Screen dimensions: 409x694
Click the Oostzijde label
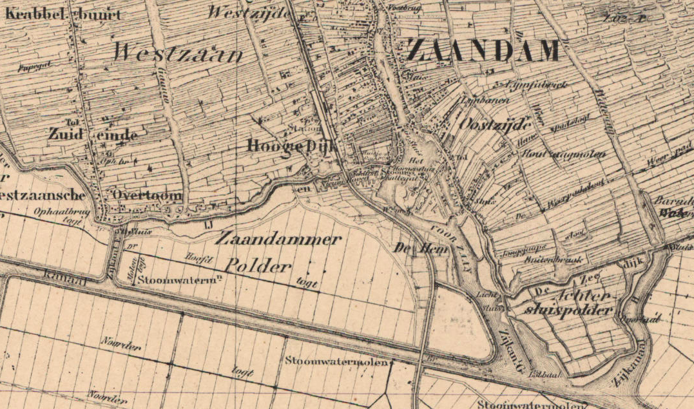[x=495, y=123]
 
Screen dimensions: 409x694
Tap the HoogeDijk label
[x=292, y=146]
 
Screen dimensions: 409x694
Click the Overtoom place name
[x=146, y=195]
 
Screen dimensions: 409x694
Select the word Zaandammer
[x=278, y=240]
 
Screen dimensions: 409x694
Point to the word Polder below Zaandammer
[x=259, y=266]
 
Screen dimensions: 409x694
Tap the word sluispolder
[x=568, y=310]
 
